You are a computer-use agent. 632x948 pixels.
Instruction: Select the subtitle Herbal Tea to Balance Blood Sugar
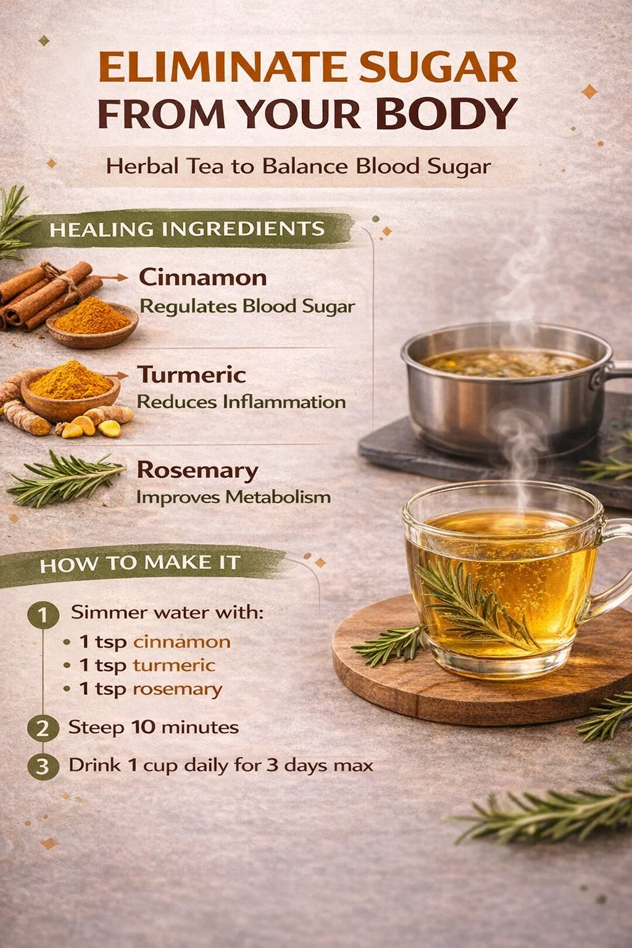pos(299,166)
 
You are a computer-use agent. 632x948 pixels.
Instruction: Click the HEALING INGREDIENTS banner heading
pos(186,230)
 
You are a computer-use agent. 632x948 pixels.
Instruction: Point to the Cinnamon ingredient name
pos(203,278)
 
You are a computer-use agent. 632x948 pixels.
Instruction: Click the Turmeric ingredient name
pos(192,375)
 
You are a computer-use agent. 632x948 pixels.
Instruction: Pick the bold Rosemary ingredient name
pos(197,471)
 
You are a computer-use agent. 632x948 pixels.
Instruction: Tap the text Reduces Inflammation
pos(241,402)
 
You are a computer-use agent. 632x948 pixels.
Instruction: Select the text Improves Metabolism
pos(234,497)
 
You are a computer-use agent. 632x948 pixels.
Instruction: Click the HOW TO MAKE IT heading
pos(140,563)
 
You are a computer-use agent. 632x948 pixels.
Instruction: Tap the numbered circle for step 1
pos(43,615)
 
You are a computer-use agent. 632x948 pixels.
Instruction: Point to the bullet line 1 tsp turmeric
pos(139,666)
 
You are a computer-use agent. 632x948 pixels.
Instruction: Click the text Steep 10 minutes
pos(153,728)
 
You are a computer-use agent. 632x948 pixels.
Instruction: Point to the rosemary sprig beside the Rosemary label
pos(65,479)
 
